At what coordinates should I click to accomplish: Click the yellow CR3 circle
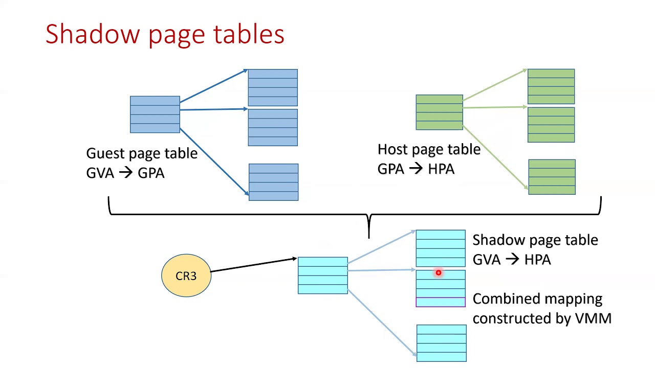pos(186,276)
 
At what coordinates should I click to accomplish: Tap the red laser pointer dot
pos(439,273)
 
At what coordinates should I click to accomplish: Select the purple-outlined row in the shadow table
pos(441,302)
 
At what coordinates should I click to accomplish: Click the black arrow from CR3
pos(253,265)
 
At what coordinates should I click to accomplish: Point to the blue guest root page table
pos(155,114)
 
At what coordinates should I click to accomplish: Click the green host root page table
pos(439,112)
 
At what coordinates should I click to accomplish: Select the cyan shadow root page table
pos(322,275)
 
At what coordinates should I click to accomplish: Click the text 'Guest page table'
pos(142,153)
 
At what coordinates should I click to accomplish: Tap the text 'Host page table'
pos(429,150)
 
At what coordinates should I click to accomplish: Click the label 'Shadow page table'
pos(535,240)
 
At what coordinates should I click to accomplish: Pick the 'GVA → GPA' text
pos(125,173)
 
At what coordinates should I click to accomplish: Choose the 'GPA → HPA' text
pos(416,169)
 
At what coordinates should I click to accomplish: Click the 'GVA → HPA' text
pos(511,260)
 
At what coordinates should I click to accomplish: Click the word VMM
pos(593,318)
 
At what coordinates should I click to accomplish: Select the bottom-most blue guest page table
pos(273,182)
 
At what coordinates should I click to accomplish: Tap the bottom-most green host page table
pos(552,177)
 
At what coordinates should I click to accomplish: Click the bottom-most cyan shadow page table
pos(441,343)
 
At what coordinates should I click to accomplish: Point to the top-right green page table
pos(551,86)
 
